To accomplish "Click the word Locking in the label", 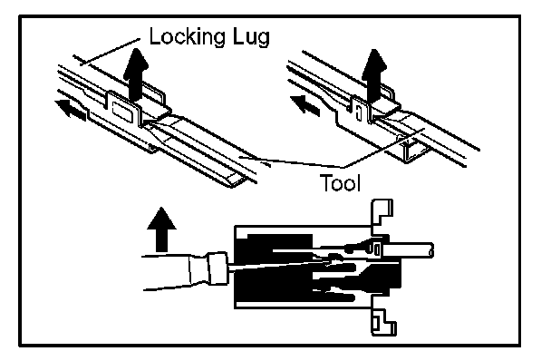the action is [x=187, y=37].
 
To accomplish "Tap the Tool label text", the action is [x=340, y=182].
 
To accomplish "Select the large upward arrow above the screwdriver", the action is [x=161, y=229].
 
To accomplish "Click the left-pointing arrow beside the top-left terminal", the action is [x=71, y=110].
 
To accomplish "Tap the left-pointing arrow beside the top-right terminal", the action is [x=305, y=104].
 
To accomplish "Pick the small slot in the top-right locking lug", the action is [x=358, y=112].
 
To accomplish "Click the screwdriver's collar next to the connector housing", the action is [x=217, y=268].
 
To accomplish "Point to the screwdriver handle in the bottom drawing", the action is [x=176, y=273].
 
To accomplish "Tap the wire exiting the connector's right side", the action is [x=408, y=250].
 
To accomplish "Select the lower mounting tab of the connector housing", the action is [x=383, y=322].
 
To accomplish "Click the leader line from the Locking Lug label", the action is [x=110, y=52].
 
